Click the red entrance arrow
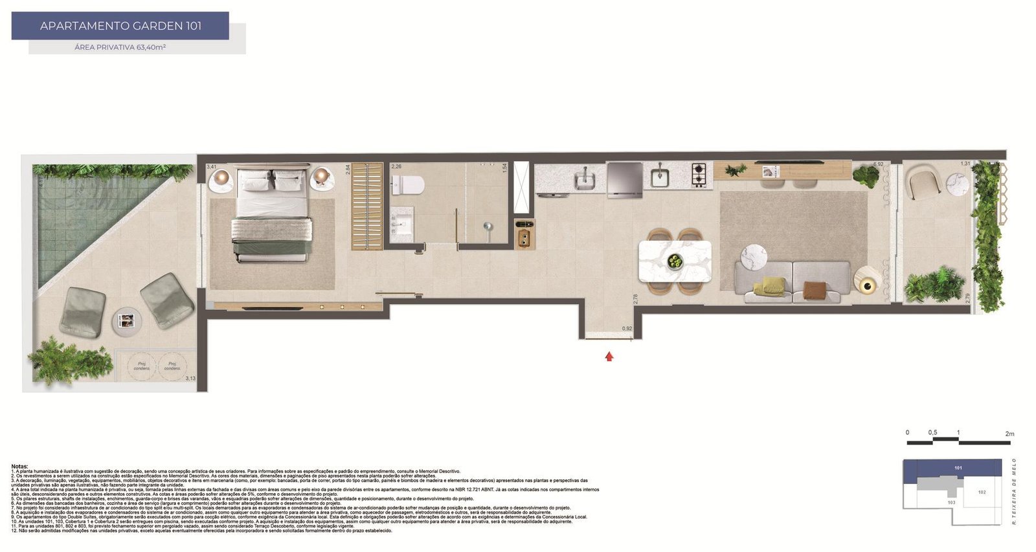(x=609, y=356)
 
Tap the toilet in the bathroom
(x=409, y=185)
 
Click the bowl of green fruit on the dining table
(x=675, y=261)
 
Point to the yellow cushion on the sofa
(x=774, y=285)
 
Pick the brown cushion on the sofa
(x=815, y=289)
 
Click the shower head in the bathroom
(x=488, y=226)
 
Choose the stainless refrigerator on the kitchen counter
(x=625, y=178)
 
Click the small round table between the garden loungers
(x=127, y=320)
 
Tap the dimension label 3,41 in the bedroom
(x=212, y=167)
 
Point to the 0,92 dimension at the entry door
(x=627, y=329)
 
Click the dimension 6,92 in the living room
(x=879, y=164)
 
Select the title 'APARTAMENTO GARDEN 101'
(x=120, y=26)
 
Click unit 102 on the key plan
(x=982, y=492)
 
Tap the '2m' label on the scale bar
(x=1009, y=433)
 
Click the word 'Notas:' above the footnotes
(x=20, y=466)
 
